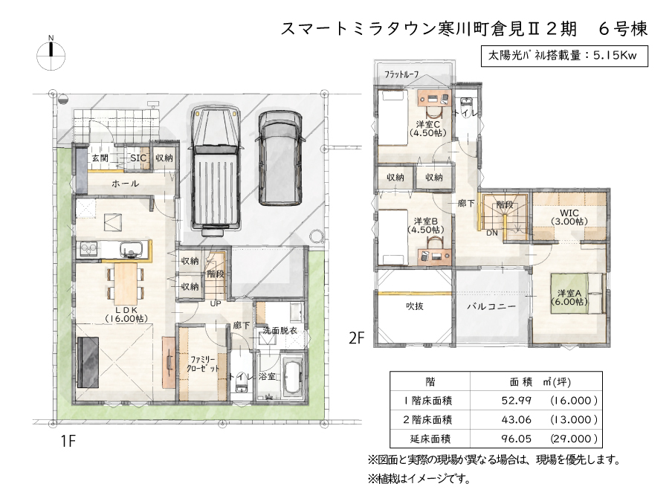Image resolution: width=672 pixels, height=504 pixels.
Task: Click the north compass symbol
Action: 51,54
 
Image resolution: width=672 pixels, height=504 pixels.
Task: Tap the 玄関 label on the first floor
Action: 100,158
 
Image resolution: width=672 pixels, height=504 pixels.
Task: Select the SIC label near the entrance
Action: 138,158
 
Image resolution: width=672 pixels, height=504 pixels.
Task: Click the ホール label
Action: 125,184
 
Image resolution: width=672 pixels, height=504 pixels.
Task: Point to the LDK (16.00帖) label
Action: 126,314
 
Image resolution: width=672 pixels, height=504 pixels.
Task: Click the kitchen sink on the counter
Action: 131,249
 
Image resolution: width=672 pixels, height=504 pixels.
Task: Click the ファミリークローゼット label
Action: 204,364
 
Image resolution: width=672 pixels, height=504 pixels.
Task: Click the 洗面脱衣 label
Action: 280,331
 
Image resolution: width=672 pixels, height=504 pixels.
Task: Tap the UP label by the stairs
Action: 215,303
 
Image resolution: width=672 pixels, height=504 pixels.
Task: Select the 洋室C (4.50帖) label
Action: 427,129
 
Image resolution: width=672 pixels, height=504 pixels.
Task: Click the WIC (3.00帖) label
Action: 569,217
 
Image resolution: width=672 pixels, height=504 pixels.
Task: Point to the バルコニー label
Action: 491,307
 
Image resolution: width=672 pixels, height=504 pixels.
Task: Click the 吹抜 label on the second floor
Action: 415,306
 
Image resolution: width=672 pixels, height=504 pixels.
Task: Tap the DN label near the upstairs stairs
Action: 492,233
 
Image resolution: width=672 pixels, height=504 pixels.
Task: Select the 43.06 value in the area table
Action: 517,419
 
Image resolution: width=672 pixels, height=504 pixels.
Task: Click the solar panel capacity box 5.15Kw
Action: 564,56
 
